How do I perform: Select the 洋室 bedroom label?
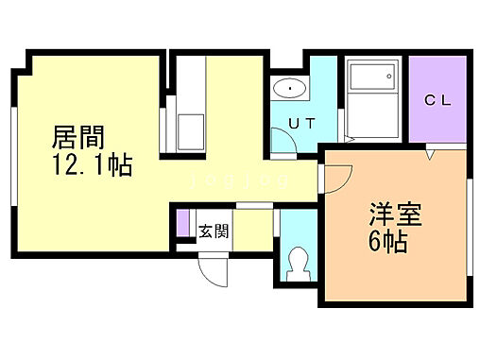tap(388, 214)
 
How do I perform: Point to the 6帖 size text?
tap(388, 242)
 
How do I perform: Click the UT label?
tap(301, 122)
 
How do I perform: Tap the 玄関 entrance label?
tap(213, 231)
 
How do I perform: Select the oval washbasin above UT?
tap(288, 90)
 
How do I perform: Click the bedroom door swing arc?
tap(338, 176)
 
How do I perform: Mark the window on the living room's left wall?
tap(12, 155)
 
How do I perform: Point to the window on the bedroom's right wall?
tap(469, 231)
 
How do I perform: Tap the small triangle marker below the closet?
tap(429, 150)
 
